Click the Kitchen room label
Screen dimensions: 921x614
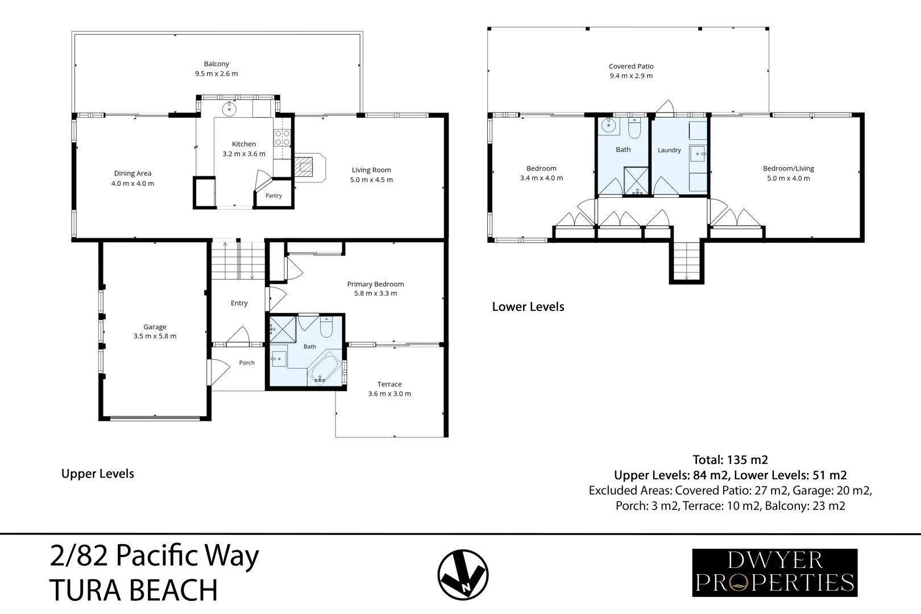244,144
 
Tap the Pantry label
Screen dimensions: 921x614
273,196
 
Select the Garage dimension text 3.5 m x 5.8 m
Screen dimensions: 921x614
155,336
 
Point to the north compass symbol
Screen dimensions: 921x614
463,575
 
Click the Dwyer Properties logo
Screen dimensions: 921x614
775,572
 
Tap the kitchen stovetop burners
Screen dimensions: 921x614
282,138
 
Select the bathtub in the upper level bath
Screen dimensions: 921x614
325,368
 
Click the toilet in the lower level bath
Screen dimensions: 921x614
634,128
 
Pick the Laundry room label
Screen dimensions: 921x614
669,150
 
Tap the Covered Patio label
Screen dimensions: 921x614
631,66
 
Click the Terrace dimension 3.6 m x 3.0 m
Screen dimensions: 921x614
389,393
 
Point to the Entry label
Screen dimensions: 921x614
239,303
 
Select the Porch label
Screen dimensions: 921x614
247,363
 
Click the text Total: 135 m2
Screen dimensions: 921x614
730,459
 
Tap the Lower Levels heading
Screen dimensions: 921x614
528,307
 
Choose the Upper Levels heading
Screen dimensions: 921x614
97,474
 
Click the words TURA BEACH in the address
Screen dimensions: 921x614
133,590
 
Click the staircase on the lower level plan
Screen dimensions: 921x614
686,261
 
